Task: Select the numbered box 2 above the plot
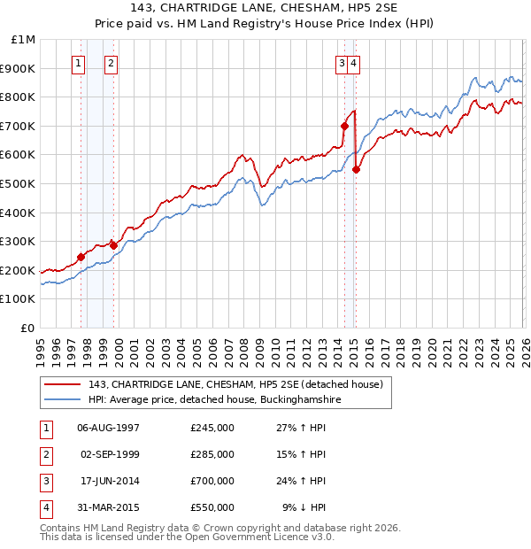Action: [112, 63]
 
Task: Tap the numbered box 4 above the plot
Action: [353, 63]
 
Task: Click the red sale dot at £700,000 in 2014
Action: [344, 126]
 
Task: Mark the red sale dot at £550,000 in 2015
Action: [356, 169]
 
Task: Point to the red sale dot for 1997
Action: [81, 257]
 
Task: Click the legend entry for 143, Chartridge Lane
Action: [235, 384]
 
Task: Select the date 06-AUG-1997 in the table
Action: [109, 428]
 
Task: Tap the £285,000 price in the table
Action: [212, 454]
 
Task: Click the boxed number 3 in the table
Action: [45, 481]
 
